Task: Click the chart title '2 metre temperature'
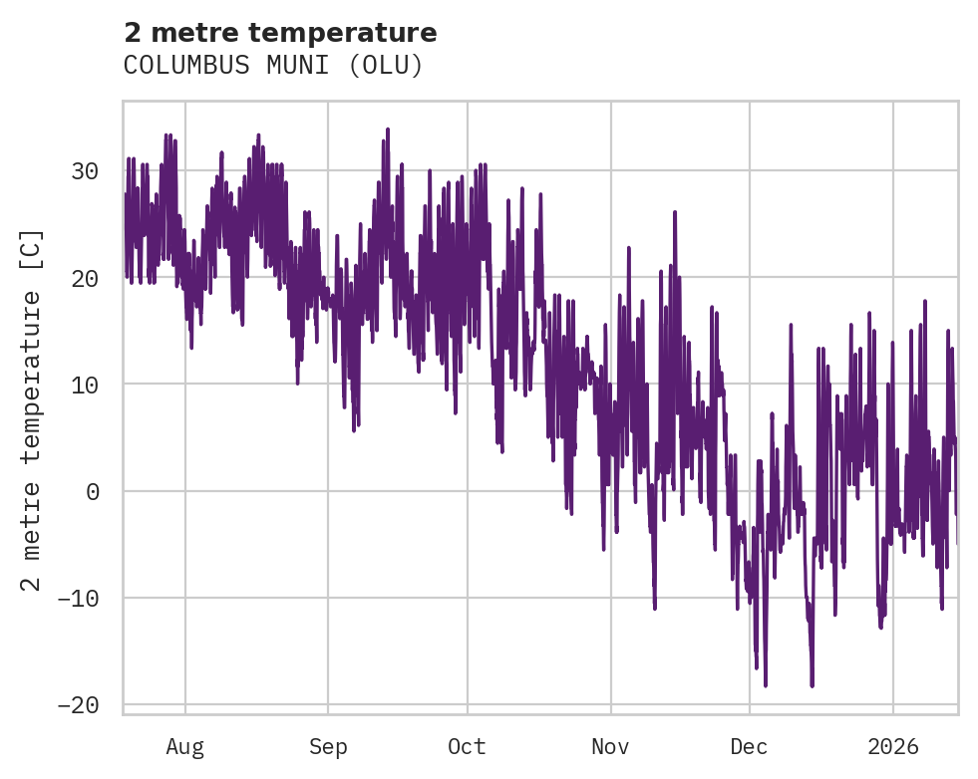280,33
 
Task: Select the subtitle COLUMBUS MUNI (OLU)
273,66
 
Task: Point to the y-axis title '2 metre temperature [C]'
32,408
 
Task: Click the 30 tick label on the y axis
85,171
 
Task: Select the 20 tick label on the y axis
85,278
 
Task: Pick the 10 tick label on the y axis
85,385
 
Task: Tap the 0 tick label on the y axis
92,491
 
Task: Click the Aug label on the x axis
185,746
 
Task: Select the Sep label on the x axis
328,746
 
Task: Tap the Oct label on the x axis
467,746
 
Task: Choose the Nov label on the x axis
610,746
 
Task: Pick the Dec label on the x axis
749,746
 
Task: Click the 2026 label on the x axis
892,746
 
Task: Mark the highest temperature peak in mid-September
387,130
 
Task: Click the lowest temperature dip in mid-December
812,685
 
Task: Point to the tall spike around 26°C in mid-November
674,212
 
